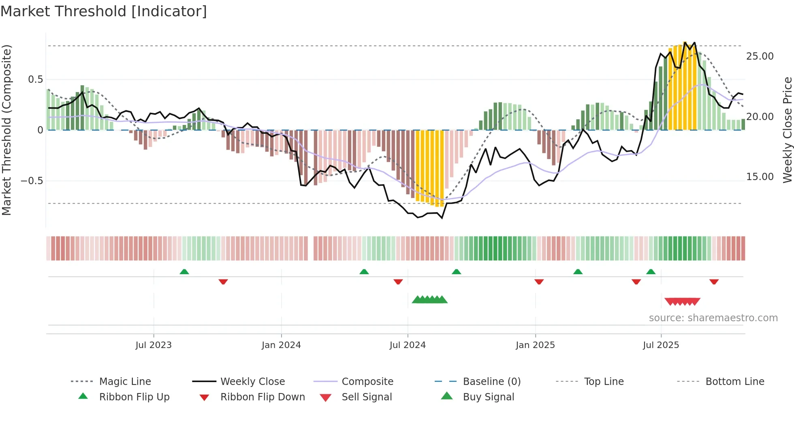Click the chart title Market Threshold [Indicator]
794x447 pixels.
[x=104, y=11]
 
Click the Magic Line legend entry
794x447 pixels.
[x=125, y=382]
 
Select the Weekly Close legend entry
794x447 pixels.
[x=252, y=382]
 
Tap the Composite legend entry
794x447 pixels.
[x=367, y=382]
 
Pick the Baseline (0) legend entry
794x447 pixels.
[x=491, y=382]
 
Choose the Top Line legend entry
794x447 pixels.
[x=604, y=382]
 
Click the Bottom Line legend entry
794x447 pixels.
[x=734, y=382]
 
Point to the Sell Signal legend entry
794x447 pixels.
[x=367, y=397]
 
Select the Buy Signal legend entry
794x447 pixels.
[x=488, y=397]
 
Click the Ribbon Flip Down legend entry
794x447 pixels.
[x=263, y=397]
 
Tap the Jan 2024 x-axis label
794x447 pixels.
[x=281, y=345]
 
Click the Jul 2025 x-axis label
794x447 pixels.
[x=661, y=345]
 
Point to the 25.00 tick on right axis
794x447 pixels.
[x=760, y=56]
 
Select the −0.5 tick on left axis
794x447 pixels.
[x=32, y=181]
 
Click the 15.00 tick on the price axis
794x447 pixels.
[x=760, y=177]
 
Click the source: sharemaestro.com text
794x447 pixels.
[x=713, y=318]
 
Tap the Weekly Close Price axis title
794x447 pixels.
[x=787, y=130]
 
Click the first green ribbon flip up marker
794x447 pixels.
[x=184, y=272]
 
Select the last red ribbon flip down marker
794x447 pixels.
[x=714, y=282]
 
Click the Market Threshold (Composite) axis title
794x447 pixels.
[x=6, y=130]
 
